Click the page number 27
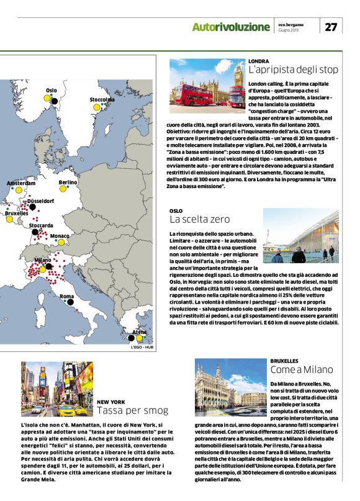point(331,27)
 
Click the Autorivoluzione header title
point(231,27)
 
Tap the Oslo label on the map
point(51,91)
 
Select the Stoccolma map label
point(102,99)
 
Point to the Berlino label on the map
point(68,183)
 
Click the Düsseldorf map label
point(40,201)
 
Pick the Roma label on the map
point(66,297)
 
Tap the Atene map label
point(140,333)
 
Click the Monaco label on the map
point(60,237)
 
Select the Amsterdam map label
point(21,184)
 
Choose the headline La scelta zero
point(199,219)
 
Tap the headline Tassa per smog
point(132,410)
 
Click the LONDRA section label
point(258,61)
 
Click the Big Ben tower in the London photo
point(239,76)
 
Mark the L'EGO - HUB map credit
point(142,347)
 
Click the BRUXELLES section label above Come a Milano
point(288,361)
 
